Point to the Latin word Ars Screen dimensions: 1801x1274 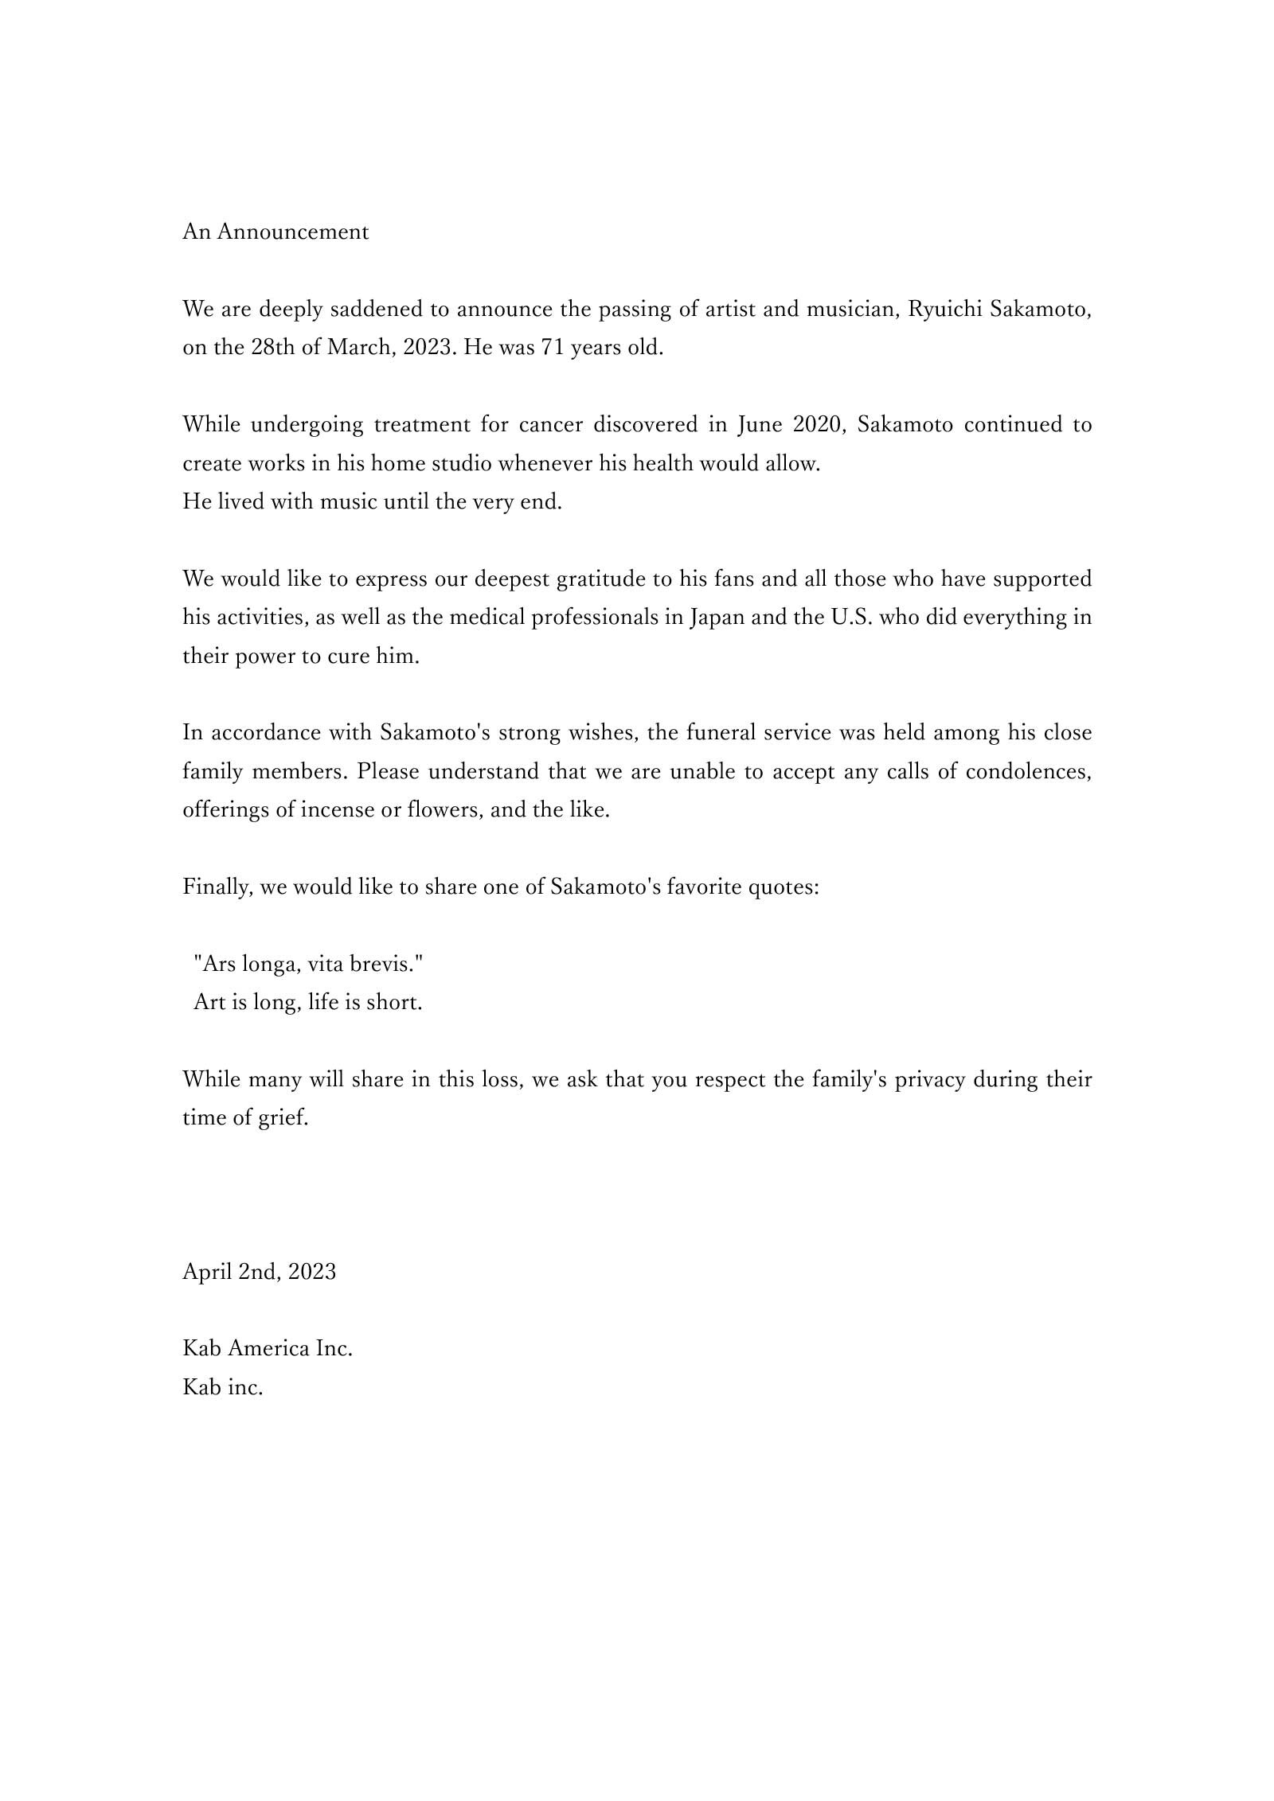pyautogui.click(x=217, y=965)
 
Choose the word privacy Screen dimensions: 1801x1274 pyautogui.click(x=930, y=1081)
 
